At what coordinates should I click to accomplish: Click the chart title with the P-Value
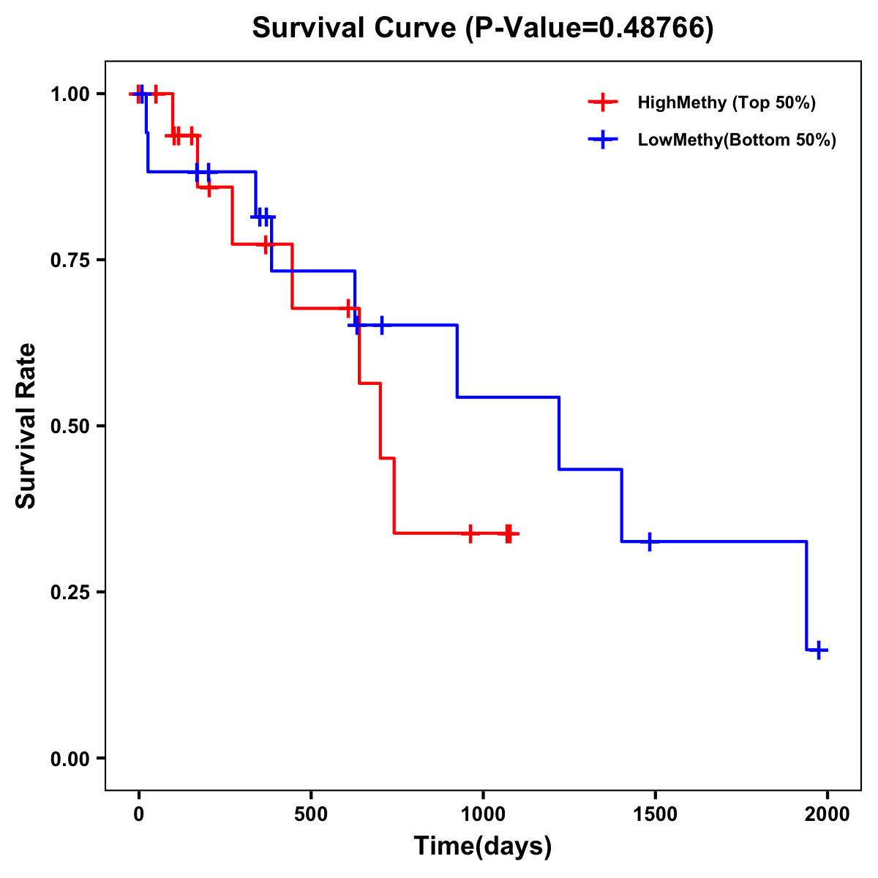482,28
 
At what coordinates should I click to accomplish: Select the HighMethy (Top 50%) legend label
726,102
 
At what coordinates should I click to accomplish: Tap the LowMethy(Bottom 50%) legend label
737,140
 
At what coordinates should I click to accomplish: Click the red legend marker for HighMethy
602,102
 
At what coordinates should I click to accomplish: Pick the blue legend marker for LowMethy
602,140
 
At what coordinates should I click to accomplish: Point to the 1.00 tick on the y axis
70,94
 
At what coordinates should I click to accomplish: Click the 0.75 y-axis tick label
70,260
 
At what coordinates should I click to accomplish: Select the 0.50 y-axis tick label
70,427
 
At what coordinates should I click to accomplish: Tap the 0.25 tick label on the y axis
70,593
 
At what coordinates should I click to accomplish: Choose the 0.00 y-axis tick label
70,759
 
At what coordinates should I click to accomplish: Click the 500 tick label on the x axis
311,815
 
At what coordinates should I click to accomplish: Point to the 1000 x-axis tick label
483,815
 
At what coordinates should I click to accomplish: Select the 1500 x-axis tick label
655,815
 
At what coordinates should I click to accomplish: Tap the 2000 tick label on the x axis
828,815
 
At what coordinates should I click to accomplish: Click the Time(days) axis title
483,847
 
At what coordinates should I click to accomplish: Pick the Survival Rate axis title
26,426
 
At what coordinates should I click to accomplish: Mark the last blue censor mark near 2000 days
819,650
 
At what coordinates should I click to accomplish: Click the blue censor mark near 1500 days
649,542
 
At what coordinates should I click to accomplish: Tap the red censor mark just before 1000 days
470,533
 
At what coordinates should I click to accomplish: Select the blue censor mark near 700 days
381,325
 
